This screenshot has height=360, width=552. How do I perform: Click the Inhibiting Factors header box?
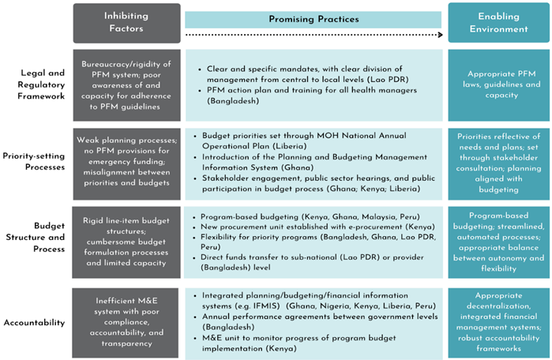coord(126,22)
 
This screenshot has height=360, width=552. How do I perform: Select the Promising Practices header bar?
coord(314,19)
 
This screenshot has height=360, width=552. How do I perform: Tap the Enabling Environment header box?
coord(498,22)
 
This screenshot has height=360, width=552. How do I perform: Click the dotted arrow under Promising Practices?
coord(314,35)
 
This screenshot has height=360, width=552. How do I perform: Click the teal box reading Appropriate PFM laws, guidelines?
coord(498,84)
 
